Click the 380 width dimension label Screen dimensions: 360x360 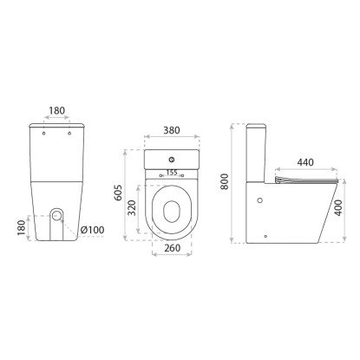click(x=172, y=130)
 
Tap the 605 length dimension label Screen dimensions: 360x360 click(x=118, y=193)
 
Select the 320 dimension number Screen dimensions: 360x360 click(x=132, y=207)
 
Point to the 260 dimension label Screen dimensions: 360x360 click(x=172, y=248)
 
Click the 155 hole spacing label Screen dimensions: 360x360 click(x=172, y=173)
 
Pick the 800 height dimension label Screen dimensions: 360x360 click(x=225, y=181)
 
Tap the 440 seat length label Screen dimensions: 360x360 click(x=305, y=162)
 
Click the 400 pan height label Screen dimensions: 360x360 click(x=338, y=207)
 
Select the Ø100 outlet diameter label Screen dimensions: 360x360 click(x=92, y=230)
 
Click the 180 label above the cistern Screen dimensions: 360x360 click(x=57, y=110)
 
